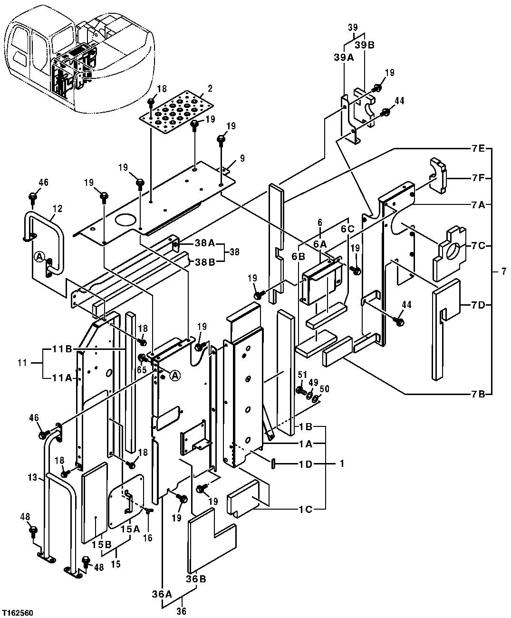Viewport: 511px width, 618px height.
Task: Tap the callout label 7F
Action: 478,178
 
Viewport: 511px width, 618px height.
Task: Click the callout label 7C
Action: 478,245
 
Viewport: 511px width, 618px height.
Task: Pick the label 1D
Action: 305,463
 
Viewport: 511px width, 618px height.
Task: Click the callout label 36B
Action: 196,579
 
